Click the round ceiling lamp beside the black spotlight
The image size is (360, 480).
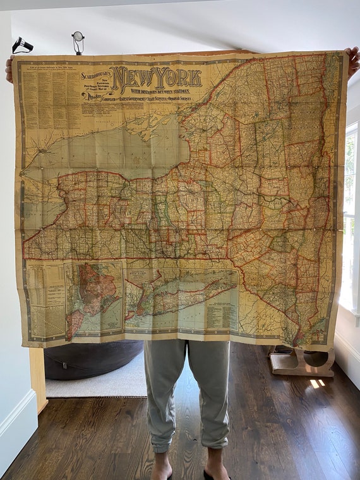78,39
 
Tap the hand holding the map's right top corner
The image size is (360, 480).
351,62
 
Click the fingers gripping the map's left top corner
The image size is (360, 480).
9,68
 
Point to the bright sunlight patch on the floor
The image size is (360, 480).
316,383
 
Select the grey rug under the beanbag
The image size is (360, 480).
95,385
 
